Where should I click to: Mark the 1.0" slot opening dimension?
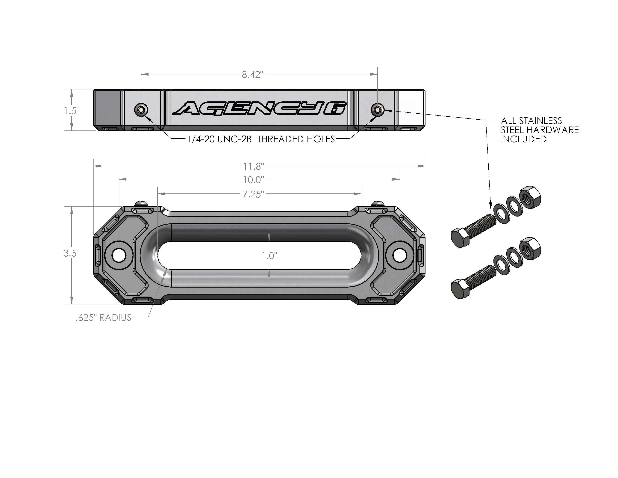pos(269,256)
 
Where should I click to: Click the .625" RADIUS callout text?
pos(104,318)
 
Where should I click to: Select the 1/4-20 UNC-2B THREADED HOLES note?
pos(261,139)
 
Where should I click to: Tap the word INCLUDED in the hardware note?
pos(523,139)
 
